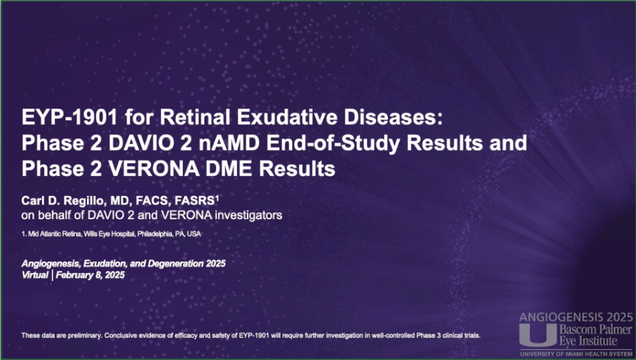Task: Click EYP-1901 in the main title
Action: point(69,118)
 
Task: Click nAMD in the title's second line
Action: point(229,143)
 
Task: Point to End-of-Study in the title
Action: point(333,144)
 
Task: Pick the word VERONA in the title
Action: point(154,168)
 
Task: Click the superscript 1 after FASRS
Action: point(217,198)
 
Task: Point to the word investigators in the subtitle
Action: point(248,215)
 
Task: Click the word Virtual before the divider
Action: point(35,275)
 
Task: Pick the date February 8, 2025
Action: point(90,275)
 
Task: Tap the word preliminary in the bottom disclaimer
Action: point(86,336)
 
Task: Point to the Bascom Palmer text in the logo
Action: point(595,329)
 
